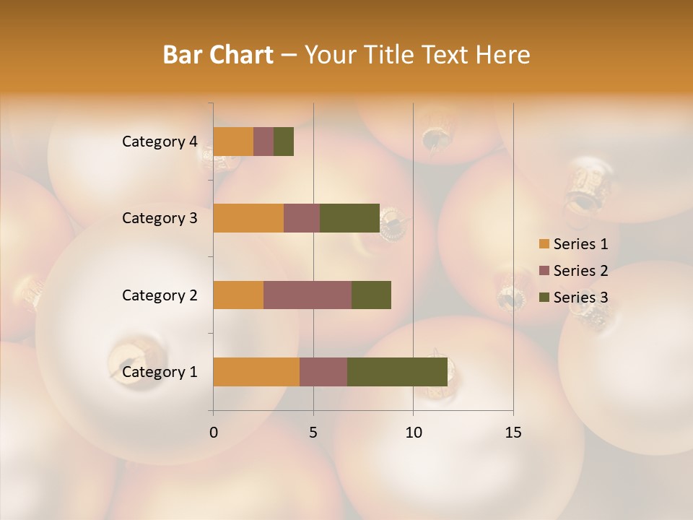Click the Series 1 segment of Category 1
pyautogui.click(x=256, y=372)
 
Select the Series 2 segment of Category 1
pyautogui.click(x=323, y=372)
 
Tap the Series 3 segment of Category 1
pyautogui.click(x=397, y=372)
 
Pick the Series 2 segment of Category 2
pyautogui.click(x=308, y=295)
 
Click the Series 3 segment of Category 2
pyautogui.click(x=371, y=295)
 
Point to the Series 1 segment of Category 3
pyautogui.click(x=248, y=218)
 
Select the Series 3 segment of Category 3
pyautogui.click(x=349, y=218)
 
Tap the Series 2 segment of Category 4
pyautogui.click(x=263, y=142)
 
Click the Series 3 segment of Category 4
pyautogui.click(x=284, y=142)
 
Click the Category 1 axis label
pyautogui.click(x=159, y=372)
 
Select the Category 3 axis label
pyautogui.click(x=159, y=218)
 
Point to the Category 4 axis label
pyautogui.click(x=159, y=142)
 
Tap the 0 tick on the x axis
pyautogui.click(x=214, y=433)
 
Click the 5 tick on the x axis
pyautogui.click(x=313, y=433)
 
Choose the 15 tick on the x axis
pyautogui.click(x=513, y=433)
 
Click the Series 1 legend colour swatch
pyautogui.click(x=544, y=244)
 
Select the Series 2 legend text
pyautogui.click(x=580, y=271)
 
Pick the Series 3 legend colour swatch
pyautogui.click(x=544, y=298)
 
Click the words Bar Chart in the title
pyautogui.click(x=218, y=55)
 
